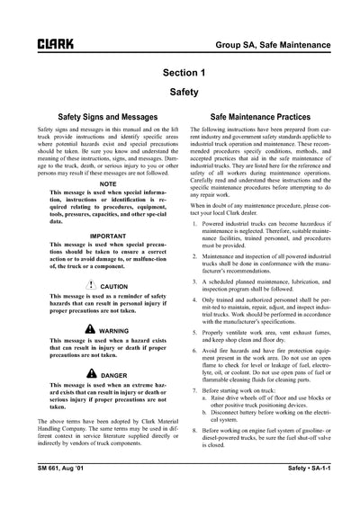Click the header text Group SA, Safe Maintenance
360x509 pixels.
283,42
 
